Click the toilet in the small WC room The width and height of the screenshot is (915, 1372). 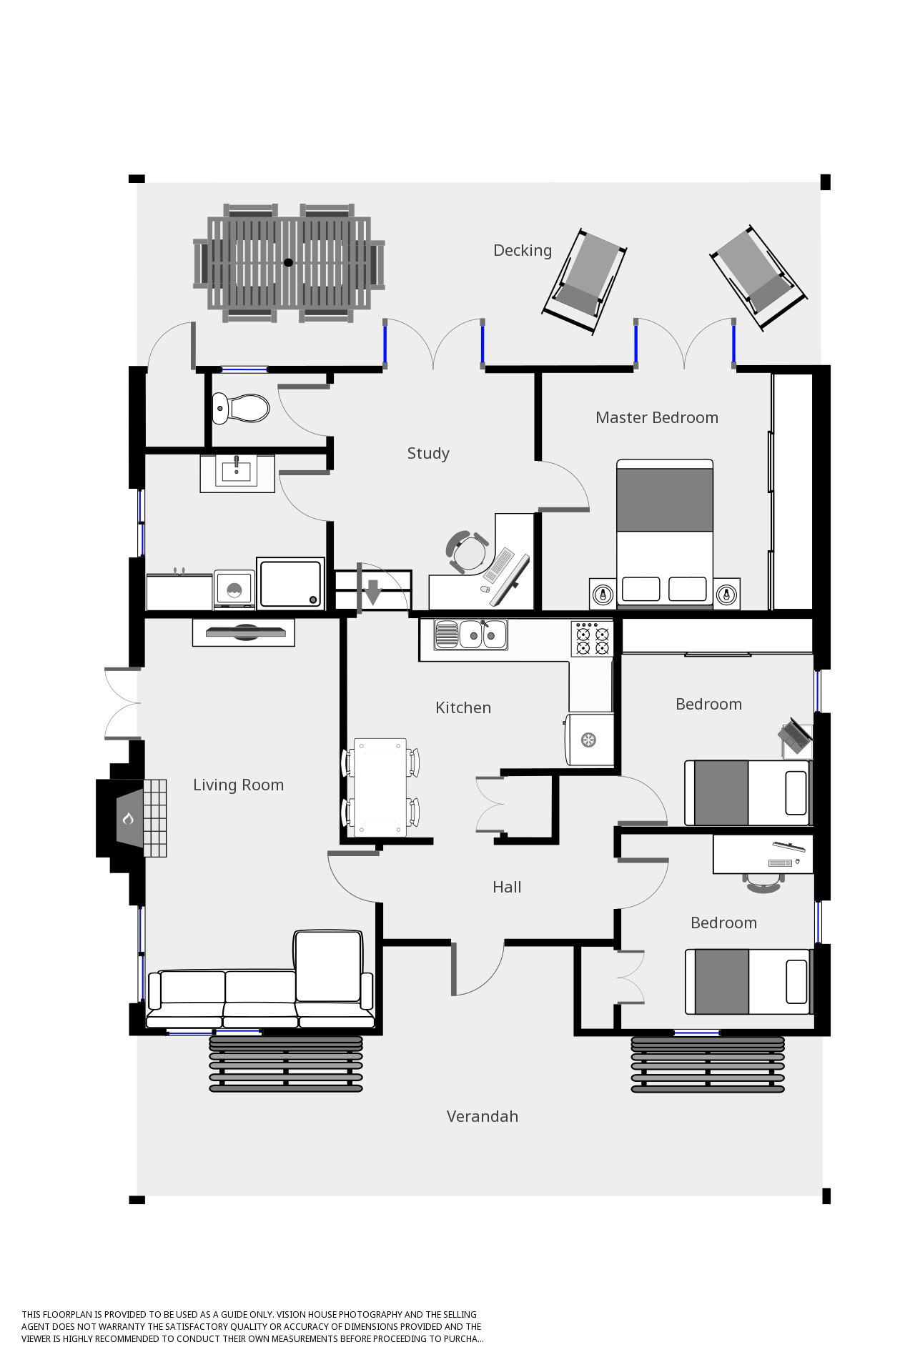pyautogui.click(x=241, y=408)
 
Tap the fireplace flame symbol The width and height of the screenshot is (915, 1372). pyautogui.click(x=128, y=818)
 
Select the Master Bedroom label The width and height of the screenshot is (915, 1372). pyautogui.click(x=657, y=417)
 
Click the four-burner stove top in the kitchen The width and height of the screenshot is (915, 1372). pyautogui.click(x=593, y=639)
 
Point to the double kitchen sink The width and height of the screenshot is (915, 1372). pyautogui.click(x=471, y=634)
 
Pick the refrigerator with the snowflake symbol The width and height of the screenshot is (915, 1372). pyautogui.click(x=590, y=740)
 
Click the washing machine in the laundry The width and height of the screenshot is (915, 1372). pyautogui.click(x=234, y=590)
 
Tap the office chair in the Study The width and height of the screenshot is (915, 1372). pyautogui.click(x=468, y=552)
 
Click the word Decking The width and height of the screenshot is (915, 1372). pyautogui.click(x=523, y=250)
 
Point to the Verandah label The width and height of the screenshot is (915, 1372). pyautogui.click(x=483, y=1116)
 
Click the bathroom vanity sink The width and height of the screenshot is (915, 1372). pyautogui.click(x=237, y=472)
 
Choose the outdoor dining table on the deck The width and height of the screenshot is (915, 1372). pyautogui.click(x=289, y=263)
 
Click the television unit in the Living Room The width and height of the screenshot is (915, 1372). pyautogui.click(x=244, y=632)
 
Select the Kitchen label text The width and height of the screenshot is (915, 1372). pyautogui.click(x=463, y=707)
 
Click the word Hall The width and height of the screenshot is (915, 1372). pyautogui.click(x=507, y=887)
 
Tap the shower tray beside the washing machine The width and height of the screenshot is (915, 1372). pyautogui.click(x=291, y=583)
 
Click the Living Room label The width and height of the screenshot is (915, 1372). pyautogui.click(x=239, y=785)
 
